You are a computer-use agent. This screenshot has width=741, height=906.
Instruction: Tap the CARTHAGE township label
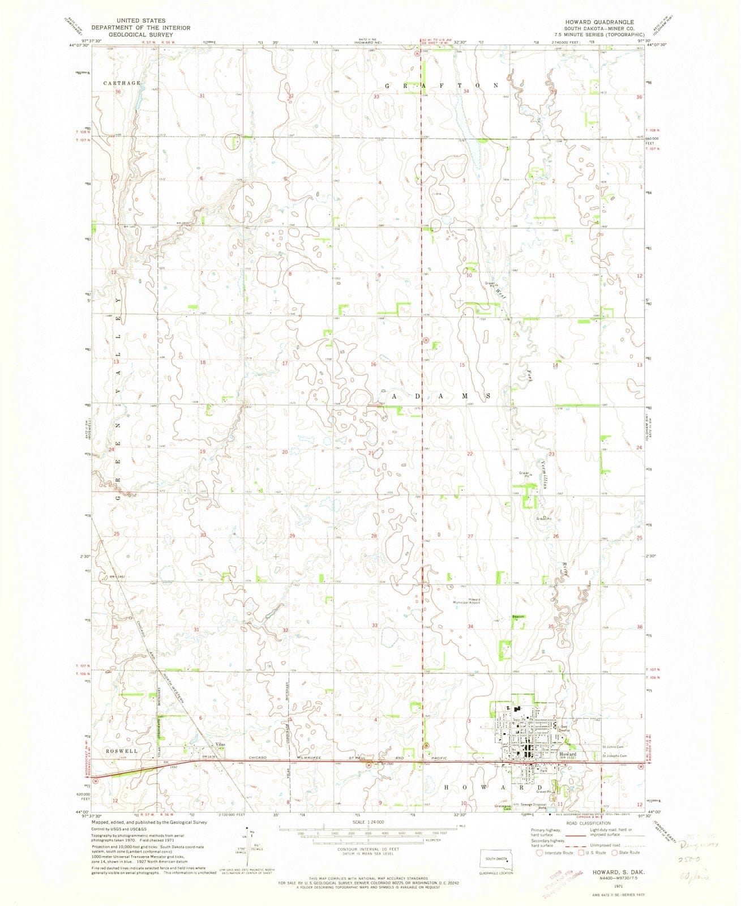(x=121, y=83)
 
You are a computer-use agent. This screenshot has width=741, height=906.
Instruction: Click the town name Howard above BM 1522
(x=568, y=754)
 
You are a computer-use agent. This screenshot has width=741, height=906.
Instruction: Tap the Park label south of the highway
(x=544, y=771)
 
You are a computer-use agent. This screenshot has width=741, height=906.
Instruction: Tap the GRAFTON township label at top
(x=441, y=85)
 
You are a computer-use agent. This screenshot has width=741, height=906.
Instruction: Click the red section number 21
(x=372, y=454)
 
